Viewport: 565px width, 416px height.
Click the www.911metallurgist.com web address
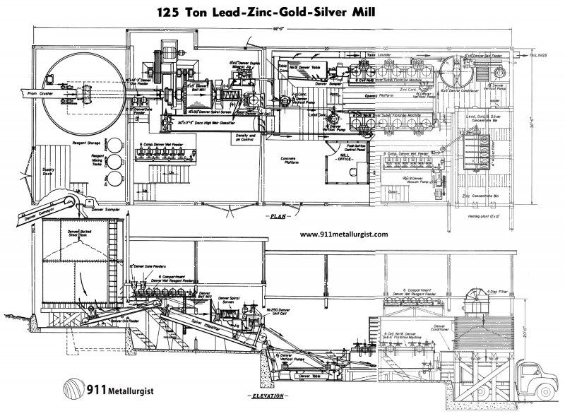point(344,233)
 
